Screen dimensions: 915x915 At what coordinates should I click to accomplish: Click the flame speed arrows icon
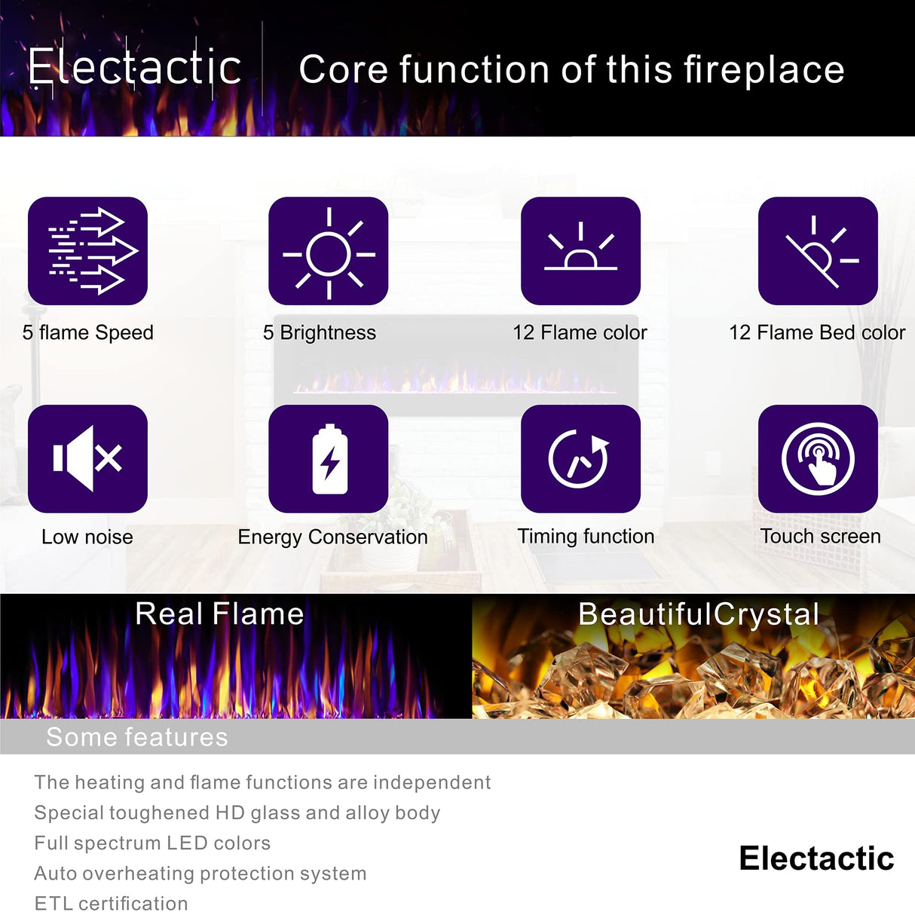[x=87, y=251]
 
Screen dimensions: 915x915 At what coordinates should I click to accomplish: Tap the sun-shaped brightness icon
[x=329, y=251]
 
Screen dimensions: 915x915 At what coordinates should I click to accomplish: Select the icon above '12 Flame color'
[x=580, y=251]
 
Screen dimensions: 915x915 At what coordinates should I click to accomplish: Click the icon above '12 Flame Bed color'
[x=818, y=251]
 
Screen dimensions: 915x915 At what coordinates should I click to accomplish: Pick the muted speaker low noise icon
[x=87, y=458]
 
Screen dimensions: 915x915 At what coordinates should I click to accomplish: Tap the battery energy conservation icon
[x=329, y=458]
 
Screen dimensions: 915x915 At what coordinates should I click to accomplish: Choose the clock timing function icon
[x=580, y=458]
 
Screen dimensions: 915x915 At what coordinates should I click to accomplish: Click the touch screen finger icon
[x=818, y=458]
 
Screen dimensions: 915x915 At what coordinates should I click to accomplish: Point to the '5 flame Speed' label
[x=88, y=332]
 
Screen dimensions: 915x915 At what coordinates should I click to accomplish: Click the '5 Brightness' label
[x=320, y=332]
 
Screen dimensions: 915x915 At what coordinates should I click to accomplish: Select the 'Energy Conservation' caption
[x=332, y=537]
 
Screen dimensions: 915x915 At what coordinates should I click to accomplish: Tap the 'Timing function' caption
[x=586, y=536]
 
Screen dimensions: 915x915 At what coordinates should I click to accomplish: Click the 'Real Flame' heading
[x=219, y=614]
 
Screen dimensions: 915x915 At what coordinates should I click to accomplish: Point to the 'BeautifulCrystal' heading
[x=699, y=614]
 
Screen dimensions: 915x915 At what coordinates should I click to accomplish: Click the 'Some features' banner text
[x=137, y=737]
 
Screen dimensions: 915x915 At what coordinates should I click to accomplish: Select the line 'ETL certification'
[x=112, y=903]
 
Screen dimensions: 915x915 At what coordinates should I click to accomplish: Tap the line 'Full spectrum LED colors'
[x=152, y=843]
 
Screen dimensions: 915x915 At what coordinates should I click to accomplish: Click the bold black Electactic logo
[x=816, y=858]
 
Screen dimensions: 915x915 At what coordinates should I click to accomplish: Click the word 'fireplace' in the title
[x=764, y=70]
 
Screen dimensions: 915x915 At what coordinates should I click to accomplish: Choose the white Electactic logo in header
[x=135, y=68]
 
